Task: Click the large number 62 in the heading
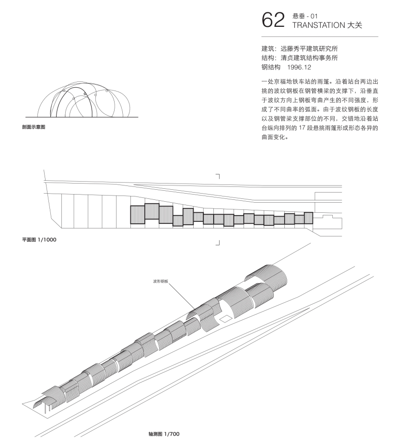click(273, 20)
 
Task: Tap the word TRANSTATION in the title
click(319, 25)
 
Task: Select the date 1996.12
click(299, 67)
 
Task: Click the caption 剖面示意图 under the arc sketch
click(34, 127)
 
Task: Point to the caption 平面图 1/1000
click(39, 240)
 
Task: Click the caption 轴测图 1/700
click(164, 434)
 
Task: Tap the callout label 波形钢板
click(161, 281)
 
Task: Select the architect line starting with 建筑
click(300, 48)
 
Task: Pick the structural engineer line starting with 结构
click(300, 58)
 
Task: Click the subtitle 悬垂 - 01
click(305, 16)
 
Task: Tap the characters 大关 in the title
click(354, 25)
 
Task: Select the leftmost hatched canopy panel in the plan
click(138, 215)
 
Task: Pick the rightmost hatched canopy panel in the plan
click(308, 218)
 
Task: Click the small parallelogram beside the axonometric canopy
click(226, 319)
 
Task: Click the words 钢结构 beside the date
click(271, 67)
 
